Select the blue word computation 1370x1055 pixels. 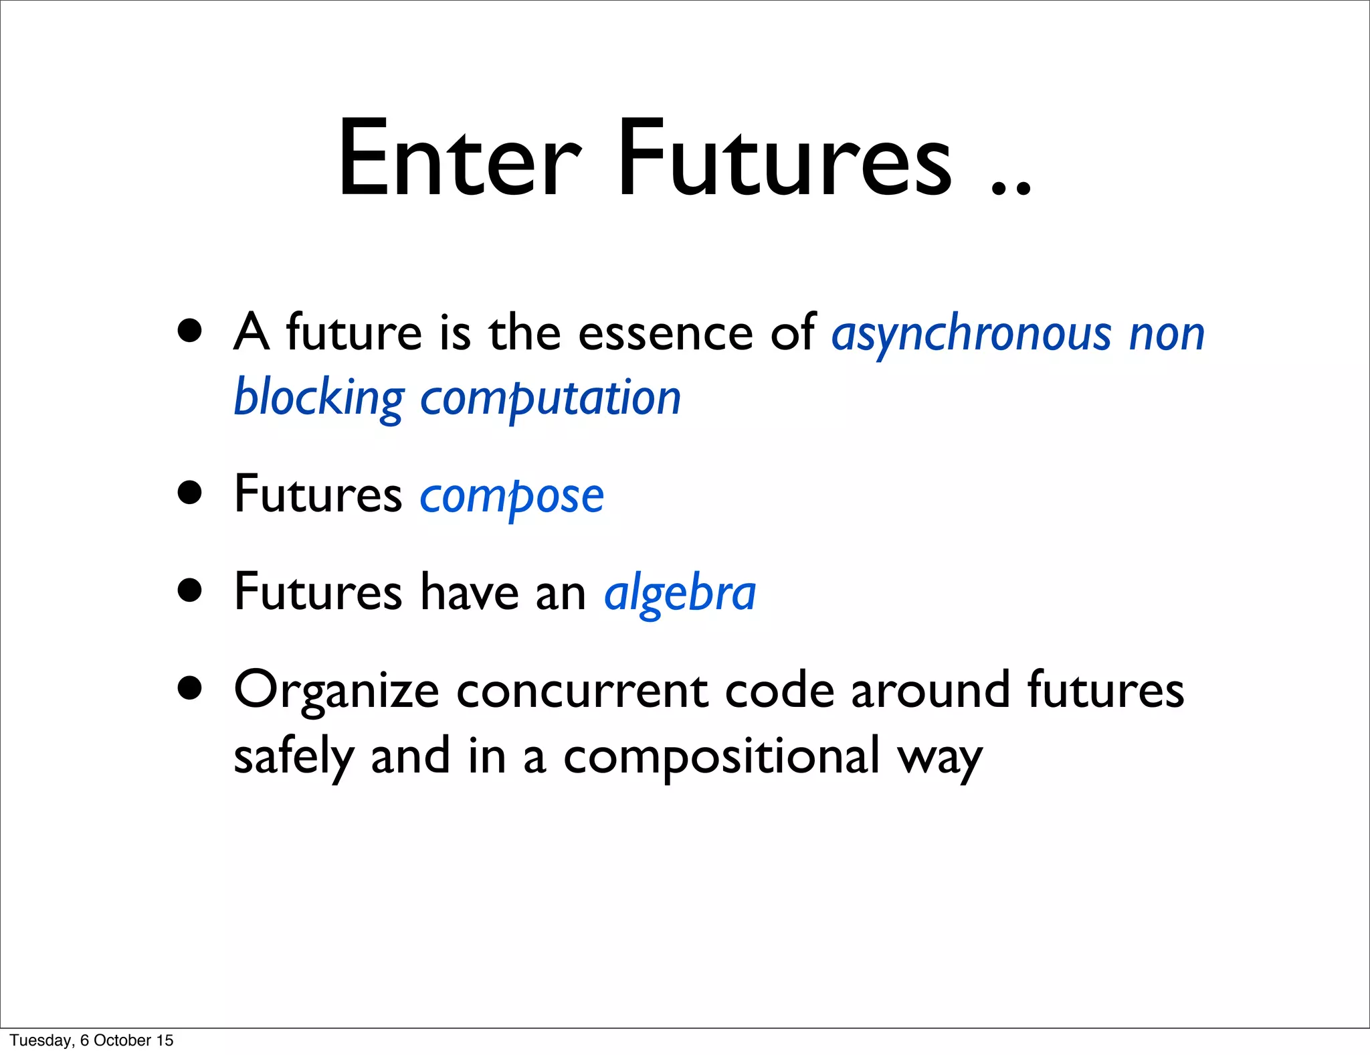(x=551, y=398)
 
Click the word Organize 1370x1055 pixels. (x=336, y=692)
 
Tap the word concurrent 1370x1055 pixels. (x=582, y=692)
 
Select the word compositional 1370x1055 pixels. (x=722, y=757)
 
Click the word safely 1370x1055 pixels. (x=293, y=757)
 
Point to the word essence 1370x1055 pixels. (x=666, y=333)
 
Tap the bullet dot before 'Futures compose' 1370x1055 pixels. (x=191, y=493)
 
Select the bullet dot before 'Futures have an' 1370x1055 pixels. (x=191, y=591)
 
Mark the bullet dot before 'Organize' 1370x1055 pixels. (x=191, y=688)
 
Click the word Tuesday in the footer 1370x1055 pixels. (x=41, y=1040)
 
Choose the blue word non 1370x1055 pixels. (x=1167, y=334)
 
